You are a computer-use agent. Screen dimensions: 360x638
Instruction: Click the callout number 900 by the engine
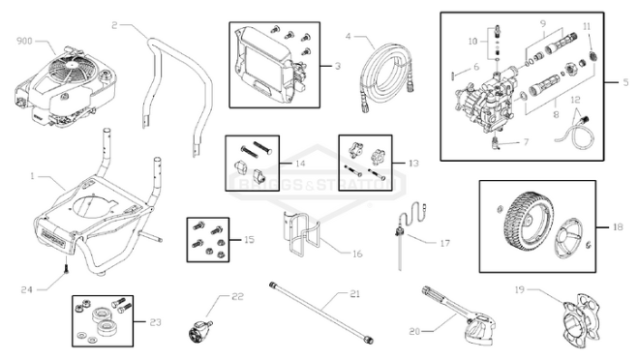(25, 42)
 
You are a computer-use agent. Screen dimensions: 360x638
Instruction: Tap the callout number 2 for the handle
(116, 23)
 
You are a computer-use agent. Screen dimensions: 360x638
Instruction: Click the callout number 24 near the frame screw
(26, 288)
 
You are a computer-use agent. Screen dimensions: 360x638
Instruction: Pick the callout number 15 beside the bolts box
(249, 238)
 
